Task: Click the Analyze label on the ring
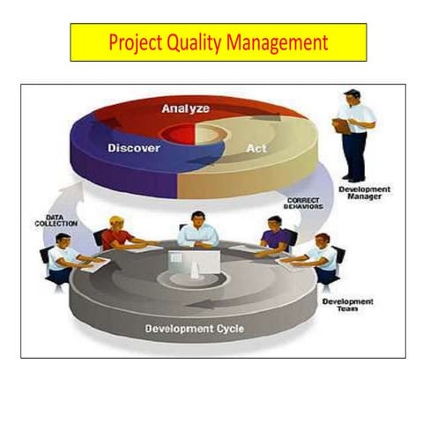click(x=185, y=109)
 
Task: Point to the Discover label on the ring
click(x=133, y=148)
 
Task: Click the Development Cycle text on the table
click(x=194, y=330)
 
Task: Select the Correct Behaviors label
click(x=305, y=202)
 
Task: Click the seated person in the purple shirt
click(x=276, y=235)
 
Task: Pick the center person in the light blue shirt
click(x=199, y=229)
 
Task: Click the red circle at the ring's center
click(x=180, y=134)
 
